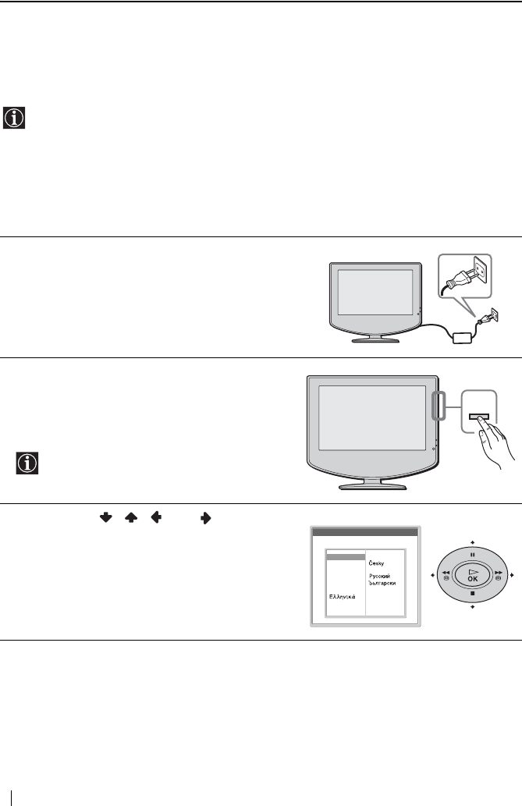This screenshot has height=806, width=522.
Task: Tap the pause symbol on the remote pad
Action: [472, 556]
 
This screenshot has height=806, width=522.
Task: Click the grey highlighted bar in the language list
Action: [345, 557]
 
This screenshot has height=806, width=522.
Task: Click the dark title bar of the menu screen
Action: [364, 532]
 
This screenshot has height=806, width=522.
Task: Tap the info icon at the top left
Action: [14, 118]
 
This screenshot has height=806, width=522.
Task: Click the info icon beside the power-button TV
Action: [27, 463]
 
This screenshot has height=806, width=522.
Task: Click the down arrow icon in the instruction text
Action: [105, 516]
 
